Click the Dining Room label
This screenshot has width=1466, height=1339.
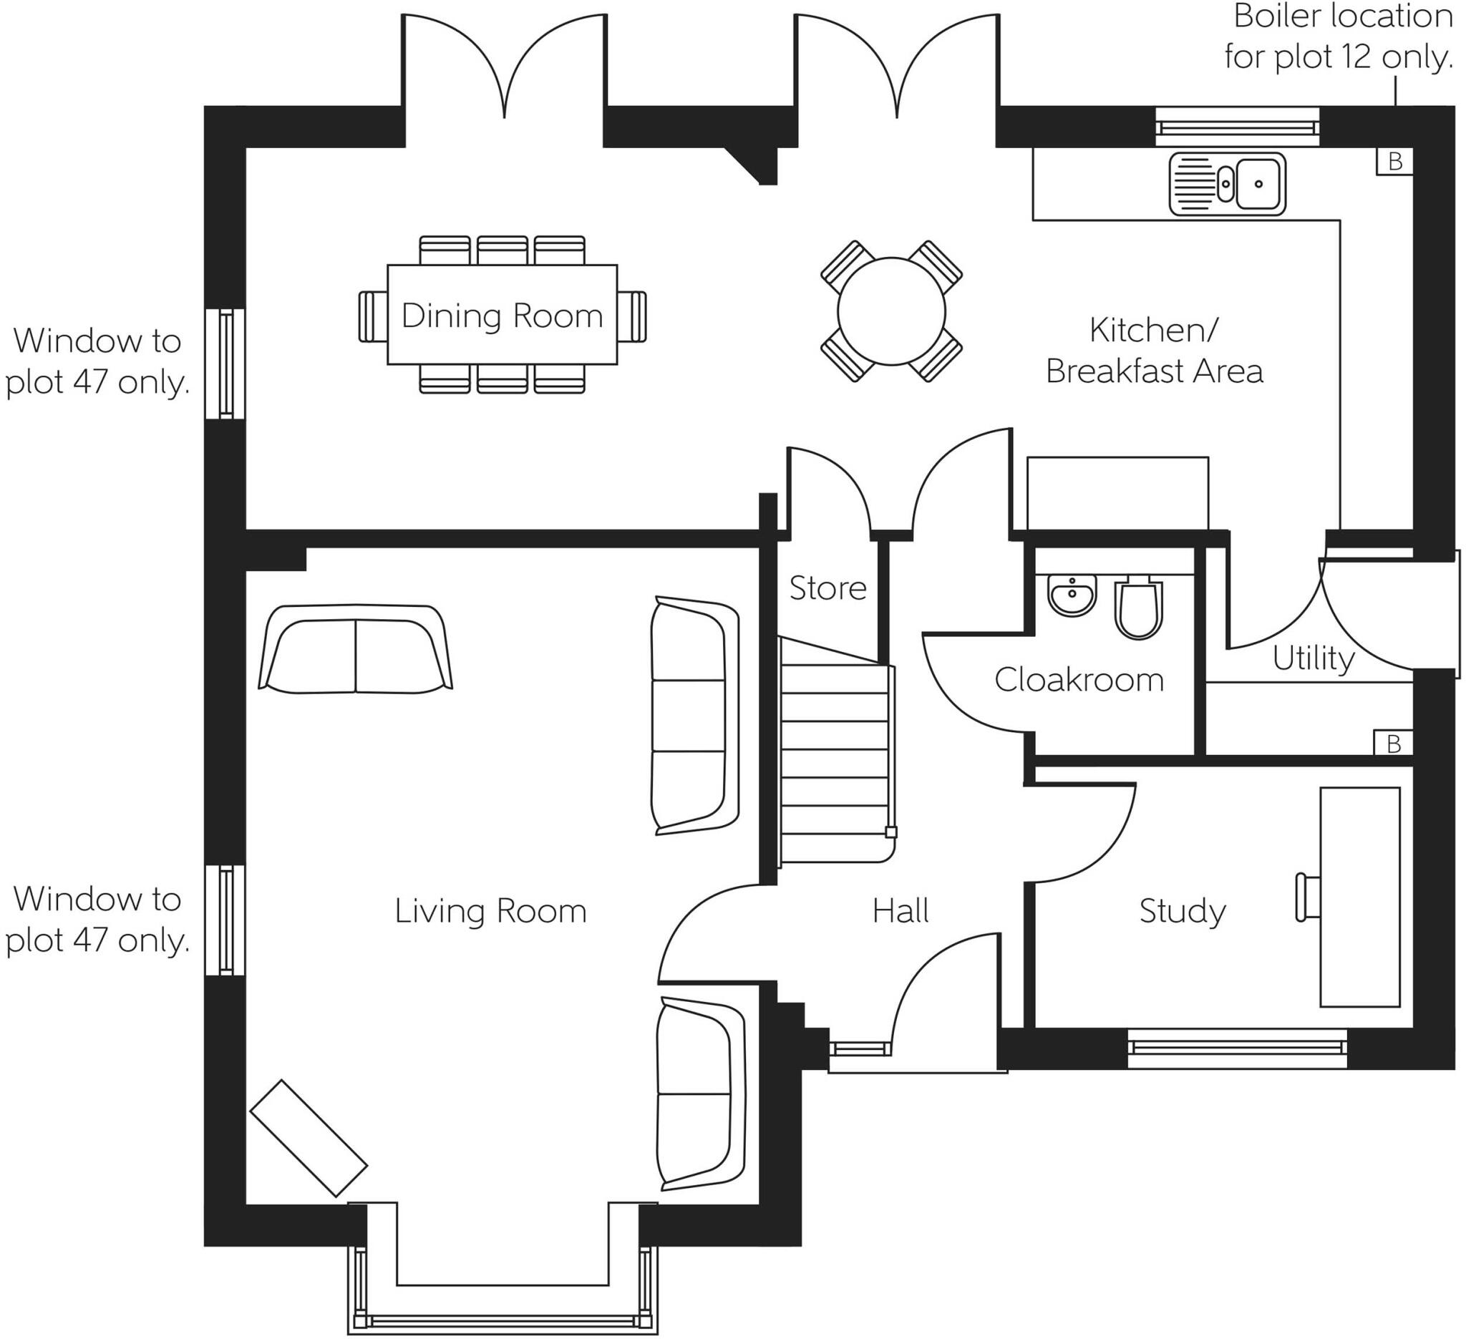pyautogui.click(x=502, y=316)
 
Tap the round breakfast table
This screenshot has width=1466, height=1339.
pyautogui.click(x=890, y=311)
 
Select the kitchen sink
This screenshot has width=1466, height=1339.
pyautogui.click(x=1227, y=184)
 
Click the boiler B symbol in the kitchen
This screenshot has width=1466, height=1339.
pyautogui.click(x=1394, y=161)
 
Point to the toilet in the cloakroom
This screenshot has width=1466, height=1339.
pyautogui.click(x=1138, y=609)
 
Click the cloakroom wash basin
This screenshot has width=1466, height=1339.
pyautogui.click(x=1072, y=596)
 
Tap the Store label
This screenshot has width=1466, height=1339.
pyautogui.click(x=827, y=588)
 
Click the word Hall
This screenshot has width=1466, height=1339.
pyautogui.click(x=901, y=911)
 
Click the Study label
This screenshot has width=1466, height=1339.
pyautogui.click(x=1183, y=911)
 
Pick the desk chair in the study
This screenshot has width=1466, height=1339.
pyautogui.click(x=1307, y=898)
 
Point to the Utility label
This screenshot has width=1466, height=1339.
pyautogui.click(x=1314, y=658)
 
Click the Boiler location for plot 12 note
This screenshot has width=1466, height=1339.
pyautogui.click(x=1338, y=36)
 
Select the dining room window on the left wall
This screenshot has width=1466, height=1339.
pyautogui.click(x=225, y=364)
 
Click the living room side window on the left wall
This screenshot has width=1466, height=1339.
pyautogui.click(x=225, y=920)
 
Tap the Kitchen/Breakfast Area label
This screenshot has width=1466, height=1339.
pyautogui.click(x=1154, y=351)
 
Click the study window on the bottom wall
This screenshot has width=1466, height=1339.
pyautogui.click(x=1236, y=1048)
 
